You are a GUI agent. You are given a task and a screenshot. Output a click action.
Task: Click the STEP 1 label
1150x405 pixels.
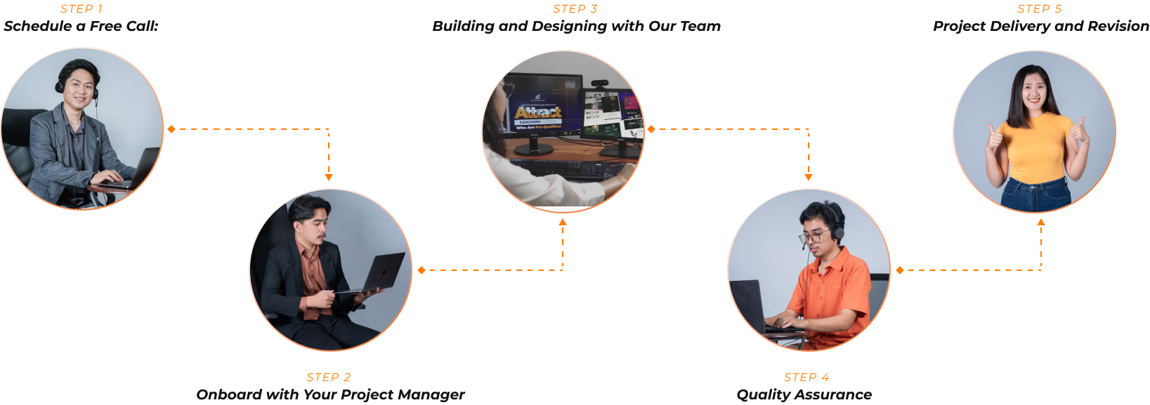tap(81, 9)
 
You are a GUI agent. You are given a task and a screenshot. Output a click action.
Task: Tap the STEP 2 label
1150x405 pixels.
tap(328, 378)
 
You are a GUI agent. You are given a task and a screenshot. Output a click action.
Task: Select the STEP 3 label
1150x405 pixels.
tap(575, 9)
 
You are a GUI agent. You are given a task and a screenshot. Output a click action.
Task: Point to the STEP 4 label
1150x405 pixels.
tap(806, 378)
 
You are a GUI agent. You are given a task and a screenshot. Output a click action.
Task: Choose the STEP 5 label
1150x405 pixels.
tap(1039, 9)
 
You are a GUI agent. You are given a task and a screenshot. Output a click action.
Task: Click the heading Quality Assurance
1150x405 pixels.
tap(804, 395)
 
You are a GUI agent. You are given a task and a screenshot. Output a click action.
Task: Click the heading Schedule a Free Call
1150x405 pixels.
tap(81, 27)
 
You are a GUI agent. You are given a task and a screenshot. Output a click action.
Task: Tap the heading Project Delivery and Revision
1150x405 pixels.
tap(1040, 27)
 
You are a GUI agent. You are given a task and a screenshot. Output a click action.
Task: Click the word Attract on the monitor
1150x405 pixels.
tap(537, 112)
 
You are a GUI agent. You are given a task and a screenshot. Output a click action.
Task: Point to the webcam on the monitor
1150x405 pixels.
tap(599, 84)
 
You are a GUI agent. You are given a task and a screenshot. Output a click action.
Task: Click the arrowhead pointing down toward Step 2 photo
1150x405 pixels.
tap(329, 177)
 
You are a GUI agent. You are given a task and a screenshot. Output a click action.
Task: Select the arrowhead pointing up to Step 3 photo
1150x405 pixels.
tap(563, 223)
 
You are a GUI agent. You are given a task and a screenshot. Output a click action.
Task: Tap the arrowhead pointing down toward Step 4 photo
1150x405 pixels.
tap(809, 177)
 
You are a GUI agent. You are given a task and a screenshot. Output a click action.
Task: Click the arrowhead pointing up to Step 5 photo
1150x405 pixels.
tap(1041, 223)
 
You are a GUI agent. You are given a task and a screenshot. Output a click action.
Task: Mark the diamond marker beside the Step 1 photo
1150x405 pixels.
tap(171, 129)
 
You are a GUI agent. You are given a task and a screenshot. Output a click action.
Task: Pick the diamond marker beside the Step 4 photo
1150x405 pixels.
tap(900, 270)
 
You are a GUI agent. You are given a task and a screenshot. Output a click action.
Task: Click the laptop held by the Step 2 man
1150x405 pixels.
tap(379, 274)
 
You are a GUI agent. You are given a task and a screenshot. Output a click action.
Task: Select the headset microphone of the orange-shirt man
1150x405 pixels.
tap(804, 246)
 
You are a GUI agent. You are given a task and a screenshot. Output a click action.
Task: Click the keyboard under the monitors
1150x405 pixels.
tap(569, 168)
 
